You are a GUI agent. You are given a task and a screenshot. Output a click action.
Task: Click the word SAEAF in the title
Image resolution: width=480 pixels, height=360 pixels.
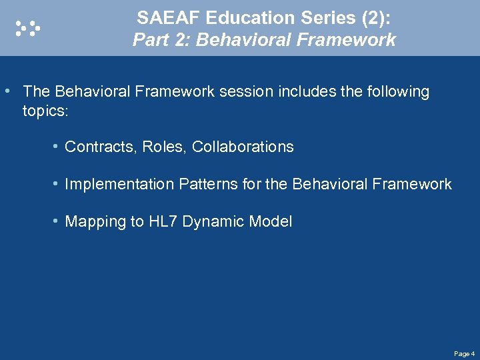tap(165, 18)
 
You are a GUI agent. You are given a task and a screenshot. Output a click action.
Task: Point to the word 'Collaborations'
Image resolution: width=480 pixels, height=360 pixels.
tap(243, 147)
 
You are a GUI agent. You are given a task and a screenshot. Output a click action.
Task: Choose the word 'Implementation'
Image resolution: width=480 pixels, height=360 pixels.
tap(119, 184)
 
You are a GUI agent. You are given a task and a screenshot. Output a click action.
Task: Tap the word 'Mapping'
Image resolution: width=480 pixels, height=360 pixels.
tap(93, 222)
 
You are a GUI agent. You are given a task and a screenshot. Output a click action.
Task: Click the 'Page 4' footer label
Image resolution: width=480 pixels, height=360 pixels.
tap(464, 353)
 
